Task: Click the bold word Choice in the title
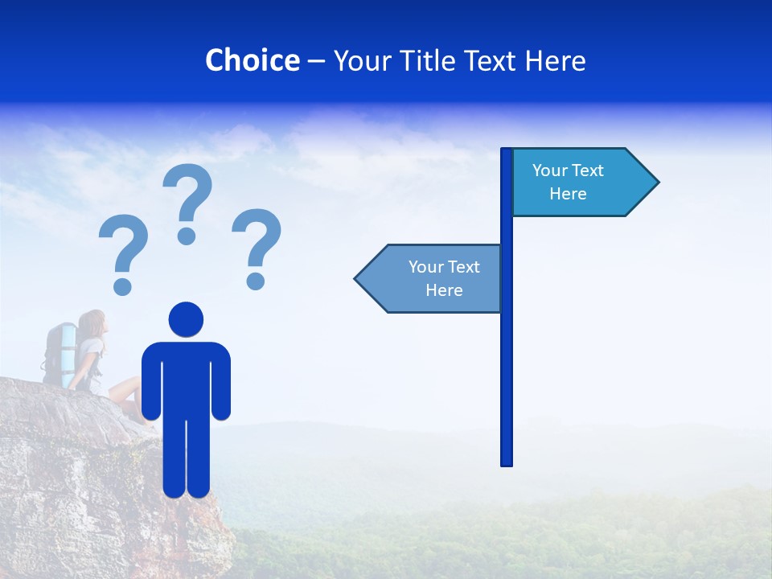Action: (x=252, y=60)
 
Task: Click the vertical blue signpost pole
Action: (x=507, y=362)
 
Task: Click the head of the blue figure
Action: (x=186, y=319)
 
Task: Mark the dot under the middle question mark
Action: (x=187, y=235)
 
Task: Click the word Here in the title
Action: (x=555, y=61)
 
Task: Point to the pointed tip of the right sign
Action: (x=657, y=183)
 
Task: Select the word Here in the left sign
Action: (x=444, y=290)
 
